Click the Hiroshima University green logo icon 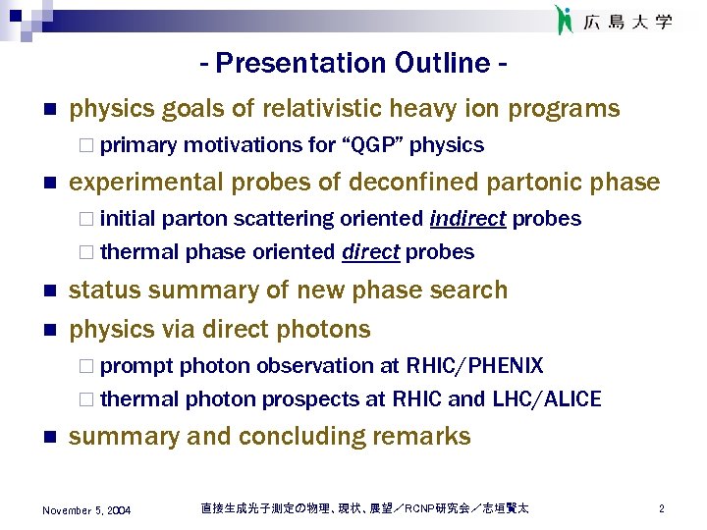click(564, 20)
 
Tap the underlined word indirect click(467, 219)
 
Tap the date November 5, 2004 click(87, 510)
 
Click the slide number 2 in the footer click(662, 509)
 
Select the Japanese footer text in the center click(364, 508)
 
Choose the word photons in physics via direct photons click(329, 329)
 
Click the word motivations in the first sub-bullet click(244, 145)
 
